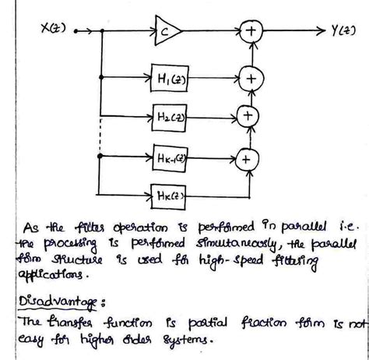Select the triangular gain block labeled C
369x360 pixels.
coord(167,30)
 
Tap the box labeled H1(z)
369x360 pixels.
coord(173,79)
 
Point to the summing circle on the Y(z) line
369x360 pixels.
coord(251,30)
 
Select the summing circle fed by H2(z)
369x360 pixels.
coord(248,116)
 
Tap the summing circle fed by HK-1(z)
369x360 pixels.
coord(247,158)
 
